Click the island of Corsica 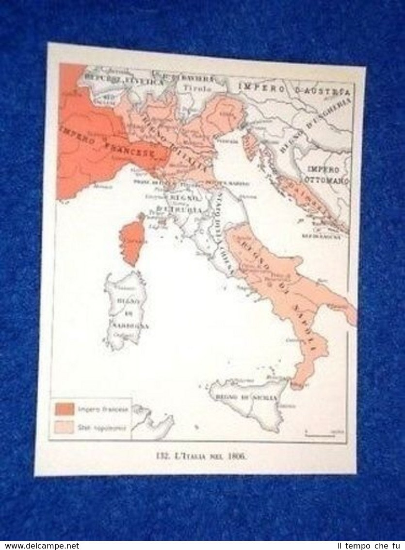tap(131, 240)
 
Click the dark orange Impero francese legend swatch tap(64, 410)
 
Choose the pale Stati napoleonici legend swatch tap(64, 428)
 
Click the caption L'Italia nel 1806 tap(200, 456)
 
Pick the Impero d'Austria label tap(294, 89)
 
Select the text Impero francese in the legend tap(103, 410)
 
